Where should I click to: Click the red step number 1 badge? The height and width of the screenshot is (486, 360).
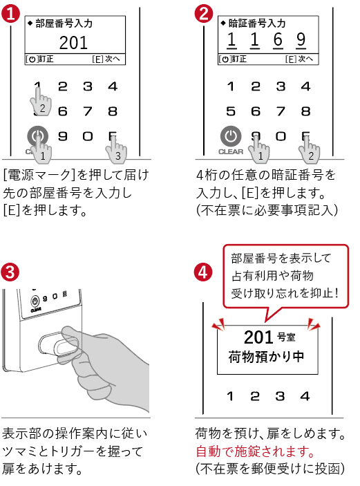pos(10,15)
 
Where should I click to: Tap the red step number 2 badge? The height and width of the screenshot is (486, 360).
pos(204,15)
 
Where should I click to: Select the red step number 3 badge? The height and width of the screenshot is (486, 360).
pos(10,272)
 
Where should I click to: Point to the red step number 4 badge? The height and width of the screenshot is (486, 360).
pos(203,272)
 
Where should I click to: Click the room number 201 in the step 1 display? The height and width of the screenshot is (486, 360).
pos(73,42)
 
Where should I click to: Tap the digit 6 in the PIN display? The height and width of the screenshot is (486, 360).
pos(278,39)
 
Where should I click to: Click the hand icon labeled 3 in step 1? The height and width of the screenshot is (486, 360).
pos(116,149)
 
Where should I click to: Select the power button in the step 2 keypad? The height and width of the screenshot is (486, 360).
pos(231,136)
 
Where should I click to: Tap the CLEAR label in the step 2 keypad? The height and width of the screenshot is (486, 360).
pos(231,152)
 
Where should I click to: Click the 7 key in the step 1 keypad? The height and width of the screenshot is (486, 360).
pos(88,111)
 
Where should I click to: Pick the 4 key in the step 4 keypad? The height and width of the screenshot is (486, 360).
pos(305,396)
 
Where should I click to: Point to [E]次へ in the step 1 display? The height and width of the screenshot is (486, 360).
pos(106,59)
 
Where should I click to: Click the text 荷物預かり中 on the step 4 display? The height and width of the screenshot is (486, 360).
pos(266,357)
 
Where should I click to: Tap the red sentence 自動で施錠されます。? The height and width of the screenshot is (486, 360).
pos(255,451)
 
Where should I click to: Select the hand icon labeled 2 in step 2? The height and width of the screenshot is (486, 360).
pos(309,149)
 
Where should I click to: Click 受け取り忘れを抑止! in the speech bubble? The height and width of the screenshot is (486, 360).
pos(284,293)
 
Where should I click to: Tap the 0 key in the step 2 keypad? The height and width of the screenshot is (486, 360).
pos(281,136)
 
